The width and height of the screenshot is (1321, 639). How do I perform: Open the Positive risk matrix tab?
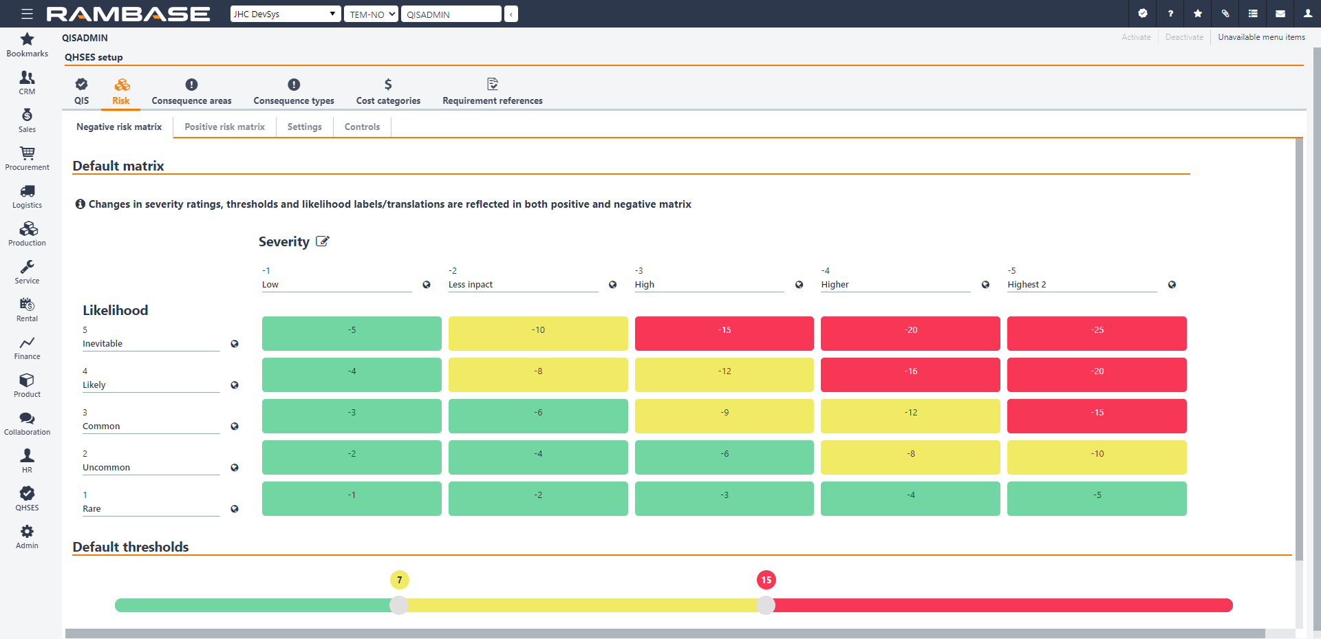[224, 127]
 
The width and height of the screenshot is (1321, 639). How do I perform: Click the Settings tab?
[304, 127]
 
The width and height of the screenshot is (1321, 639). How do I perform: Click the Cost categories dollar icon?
[388, 85]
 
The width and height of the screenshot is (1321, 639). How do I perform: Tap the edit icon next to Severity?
[322, 241]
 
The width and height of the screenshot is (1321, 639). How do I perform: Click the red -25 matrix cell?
[1097, 334]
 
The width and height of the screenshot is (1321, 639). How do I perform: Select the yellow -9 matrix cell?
[724, 416]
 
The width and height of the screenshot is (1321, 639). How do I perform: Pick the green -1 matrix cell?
[352, 499]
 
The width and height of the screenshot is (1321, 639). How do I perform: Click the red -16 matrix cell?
[910, 375]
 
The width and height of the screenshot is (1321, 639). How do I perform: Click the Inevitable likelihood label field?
[151, 344]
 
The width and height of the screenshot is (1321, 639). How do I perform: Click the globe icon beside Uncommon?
[235, 468]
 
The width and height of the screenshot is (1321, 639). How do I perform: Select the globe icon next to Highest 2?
[1172, 285]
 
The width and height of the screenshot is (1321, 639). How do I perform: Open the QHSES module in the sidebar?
[27, 499]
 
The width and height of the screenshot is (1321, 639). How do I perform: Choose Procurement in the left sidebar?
[27, 158]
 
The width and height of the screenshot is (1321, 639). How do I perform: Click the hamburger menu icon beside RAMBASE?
[27, 14]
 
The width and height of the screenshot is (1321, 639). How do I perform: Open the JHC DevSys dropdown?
[285, 14]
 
